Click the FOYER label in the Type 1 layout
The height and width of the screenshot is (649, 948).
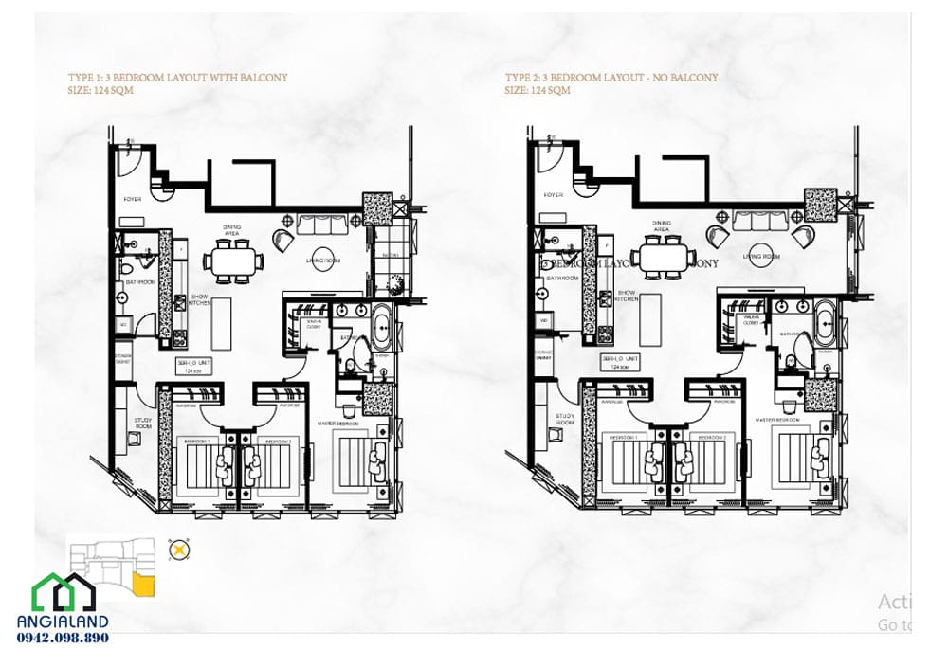[134, 199]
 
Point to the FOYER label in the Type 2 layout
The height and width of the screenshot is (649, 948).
[554, 195]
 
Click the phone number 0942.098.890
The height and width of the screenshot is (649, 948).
[63, 638]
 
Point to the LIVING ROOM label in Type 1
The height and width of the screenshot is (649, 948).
[322, 260]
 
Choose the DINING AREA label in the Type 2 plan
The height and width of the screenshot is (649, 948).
[662, 226]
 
